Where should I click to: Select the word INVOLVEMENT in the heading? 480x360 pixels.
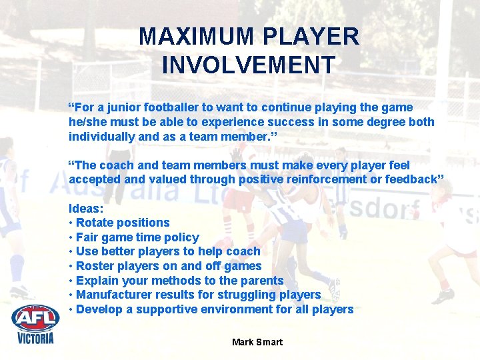248,65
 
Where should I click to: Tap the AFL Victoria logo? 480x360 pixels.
35,323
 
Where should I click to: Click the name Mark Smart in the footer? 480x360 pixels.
257,342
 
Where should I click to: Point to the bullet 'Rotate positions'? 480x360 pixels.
123,223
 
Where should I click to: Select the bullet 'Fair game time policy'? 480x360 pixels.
137,237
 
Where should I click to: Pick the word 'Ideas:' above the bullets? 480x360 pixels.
86,208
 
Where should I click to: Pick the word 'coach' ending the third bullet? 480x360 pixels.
243,251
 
